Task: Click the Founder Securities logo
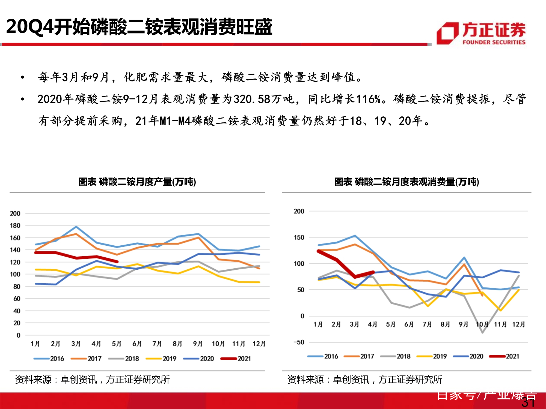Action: (481, 33)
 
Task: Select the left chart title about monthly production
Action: (137, 182)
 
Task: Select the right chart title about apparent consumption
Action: (406, 182)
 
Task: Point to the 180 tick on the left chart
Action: (15, 225)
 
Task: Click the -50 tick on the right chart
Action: (299, 342)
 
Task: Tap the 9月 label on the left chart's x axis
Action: (198, 344)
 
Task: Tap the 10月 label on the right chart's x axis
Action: (482, 324)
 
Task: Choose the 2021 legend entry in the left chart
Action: (236, 359)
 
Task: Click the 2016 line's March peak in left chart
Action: (76, 227)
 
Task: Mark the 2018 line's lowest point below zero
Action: (482, 333)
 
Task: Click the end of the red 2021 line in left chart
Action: (117, 261)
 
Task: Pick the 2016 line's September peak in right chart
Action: (464, 257)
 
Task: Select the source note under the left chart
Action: (92, 380)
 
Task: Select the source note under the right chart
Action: (364, 380)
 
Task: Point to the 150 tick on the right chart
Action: (299, 237)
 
